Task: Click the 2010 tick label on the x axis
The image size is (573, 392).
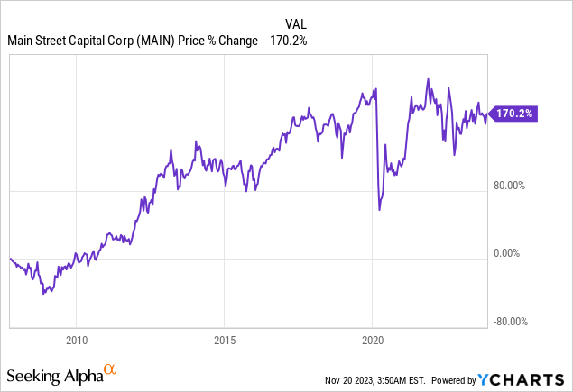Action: tap(77, 341)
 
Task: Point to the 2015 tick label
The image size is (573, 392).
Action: tap(225, 341)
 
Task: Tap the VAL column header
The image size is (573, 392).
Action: tap(295, 25)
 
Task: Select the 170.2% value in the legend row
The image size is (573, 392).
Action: tap(290, 41)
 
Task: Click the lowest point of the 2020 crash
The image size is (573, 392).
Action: tap(379, 210)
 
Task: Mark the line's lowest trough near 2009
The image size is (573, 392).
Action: tap(42, 294)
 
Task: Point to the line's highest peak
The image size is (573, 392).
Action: tap(428, 79)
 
